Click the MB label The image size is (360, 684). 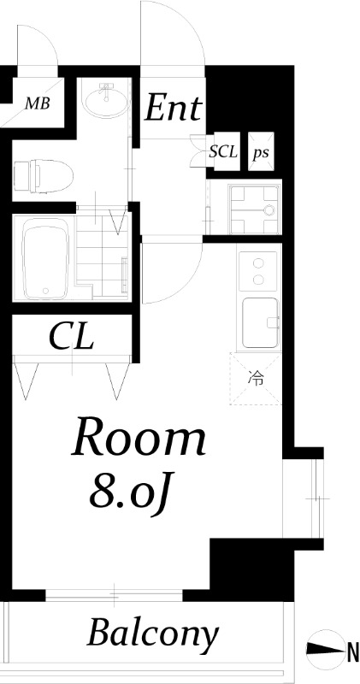tap(37, 103)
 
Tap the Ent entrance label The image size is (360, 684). tap(174, 108)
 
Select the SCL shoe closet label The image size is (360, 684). tap(223, 152)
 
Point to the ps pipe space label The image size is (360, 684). tap(261, 153)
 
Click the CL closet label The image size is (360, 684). tap(71, 336)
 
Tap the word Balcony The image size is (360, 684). tap(153, 634)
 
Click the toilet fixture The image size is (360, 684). tap(43, 176)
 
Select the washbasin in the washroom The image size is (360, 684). tap(107, 101)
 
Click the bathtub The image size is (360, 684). tap(45, 258)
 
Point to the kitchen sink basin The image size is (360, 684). tap(260, 322)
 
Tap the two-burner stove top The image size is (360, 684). tap(258, 271)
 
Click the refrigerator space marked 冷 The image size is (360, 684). tap(256, 379)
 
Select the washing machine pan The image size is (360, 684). tap(253, 209)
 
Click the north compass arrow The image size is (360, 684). tap(326, 649)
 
